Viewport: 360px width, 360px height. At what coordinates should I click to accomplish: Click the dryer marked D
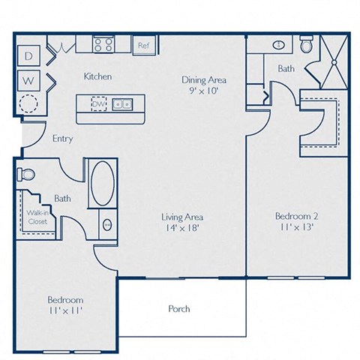click(29, 56)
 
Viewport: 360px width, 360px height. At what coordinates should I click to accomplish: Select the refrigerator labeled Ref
click(142, 45)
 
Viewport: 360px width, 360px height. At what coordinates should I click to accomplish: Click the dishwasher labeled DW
click(99, 103)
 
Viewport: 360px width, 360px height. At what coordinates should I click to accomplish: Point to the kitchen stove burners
click(103, 44)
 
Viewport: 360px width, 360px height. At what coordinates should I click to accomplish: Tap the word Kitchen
click(97, 76)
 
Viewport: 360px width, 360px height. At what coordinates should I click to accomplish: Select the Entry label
click(62, 139)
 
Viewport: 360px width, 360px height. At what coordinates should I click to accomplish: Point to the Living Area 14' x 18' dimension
click(183, 229)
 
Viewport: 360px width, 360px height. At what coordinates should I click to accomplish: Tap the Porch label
click(179, 308)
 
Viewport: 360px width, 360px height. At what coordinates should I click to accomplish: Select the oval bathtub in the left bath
click(103, 183)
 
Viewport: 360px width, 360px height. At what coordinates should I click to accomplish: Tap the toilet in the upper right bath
click(306, 45)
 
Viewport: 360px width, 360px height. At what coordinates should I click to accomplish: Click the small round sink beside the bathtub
click(106, 223)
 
